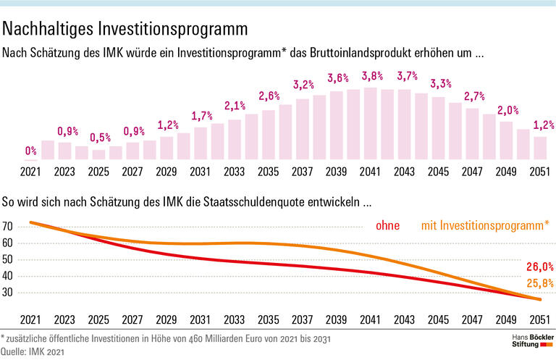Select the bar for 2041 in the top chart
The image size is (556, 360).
pyautogui.click(x=371, y=123)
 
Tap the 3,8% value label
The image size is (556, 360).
pyautogui.click(x=371, y=75)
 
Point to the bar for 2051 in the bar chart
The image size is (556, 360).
pyautogui.click(x=540, y=147)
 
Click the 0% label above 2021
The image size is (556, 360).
pyautogui.click(x=31, y=151)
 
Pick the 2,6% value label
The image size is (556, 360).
pyautogui.click(x=269, y=96)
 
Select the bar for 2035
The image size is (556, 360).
pyautogui.click(x=269, y=134)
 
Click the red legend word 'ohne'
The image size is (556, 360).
pyautogui.click(x=388, y=227)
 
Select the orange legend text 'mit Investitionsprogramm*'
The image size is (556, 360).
pyautogui.click(x=485, y=227)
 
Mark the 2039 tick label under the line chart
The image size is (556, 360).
pyautogui.click(x=336, y=319)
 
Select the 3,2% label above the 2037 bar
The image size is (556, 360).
pyautogui.click(x=303, y=85)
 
